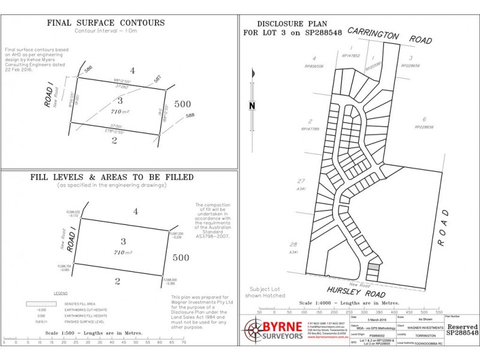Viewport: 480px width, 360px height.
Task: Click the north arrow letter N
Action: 253,106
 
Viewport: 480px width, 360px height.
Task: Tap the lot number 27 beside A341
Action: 302,181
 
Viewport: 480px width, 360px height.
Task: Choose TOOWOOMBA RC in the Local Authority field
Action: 430,343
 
